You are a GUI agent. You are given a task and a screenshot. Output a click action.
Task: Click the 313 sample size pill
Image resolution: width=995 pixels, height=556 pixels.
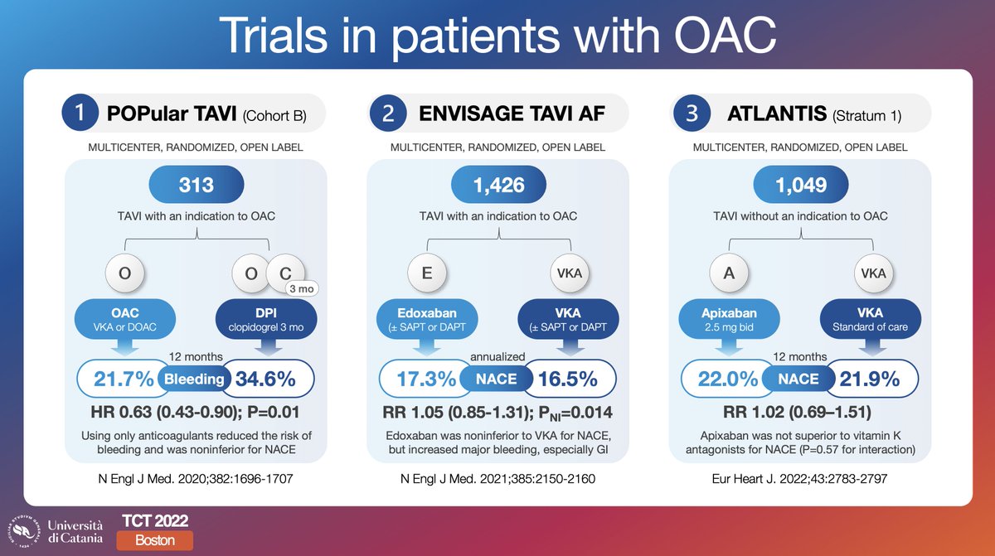[x=196, y=185]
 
